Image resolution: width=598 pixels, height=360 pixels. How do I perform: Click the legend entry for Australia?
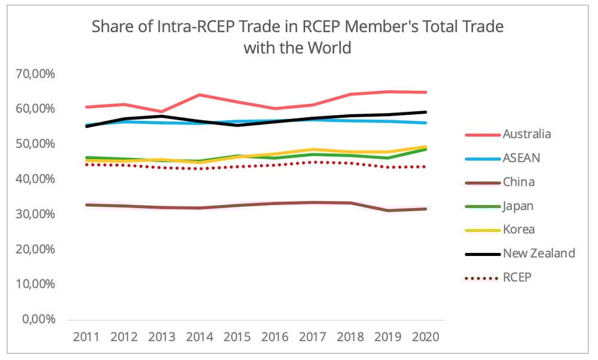pyautogui.click(x=527, y=134)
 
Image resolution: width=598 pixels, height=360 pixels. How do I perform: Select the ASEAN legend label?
pyautogui.click(x=521, y=158)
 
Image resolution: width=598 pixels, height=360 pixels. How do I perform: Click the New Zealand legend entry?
pyautogui.click(x=539, y=253)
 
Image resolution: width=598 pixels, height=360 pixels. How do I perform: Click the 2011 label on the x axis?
pyautogui.click(x=86, y=337)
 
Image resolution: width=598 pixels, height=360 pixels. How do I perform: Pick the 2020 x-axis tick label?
pyautogui.click(x=425, y=337)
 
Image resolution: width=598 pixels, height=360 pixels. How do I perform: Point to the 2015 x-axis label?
pyautogui.click(x=237, y=337)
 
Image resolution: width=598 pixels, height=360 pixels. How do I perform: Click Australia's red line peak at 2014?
pyautogui.click(x=199, y=94)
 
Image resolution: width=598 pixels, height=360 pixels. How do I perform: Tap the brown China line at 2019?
pyautogui.click(x=388, y=210)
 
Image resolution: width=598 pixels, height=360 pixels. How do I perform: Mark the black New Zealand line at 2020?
pyautogui.click(x=425, y=112)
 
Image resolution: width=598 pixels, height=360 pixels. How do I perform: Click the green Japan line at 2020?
pyautogui.click(x=425, y=150)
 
